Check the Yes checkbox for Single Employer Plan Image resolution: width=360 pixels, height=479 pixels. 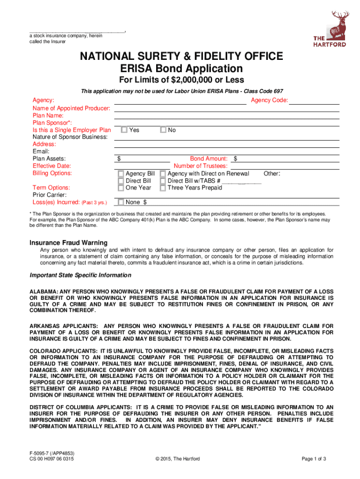click(124, 130)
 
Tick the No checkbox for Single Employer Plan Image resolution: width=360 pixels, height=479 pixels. click(163, 130)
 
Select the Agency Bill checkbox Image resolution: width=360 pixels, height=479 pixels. click(122, 174)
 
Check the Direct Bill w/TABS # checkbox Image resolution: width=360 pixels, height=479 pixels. click(163, 181)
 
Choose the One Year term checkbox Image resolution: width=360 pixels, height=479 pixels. click(122, 188)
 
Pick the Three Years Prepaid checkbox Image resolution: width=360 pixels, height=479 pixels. click(163, 188)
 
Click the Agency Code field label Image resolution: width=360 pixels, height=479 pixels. click(269, 101)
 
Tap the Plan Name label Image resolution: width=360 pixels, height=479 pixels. click(48, 116)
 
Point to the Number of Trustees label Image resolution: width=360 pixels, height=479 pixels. click(201, 166)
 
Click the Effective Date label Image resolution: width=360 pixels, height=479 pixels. click(52, 166)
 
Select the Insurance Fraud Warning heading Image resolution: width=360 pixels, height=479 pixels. click(69, 243)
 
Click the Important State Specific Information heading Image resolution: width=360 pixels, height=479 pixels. click(81, 275)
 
